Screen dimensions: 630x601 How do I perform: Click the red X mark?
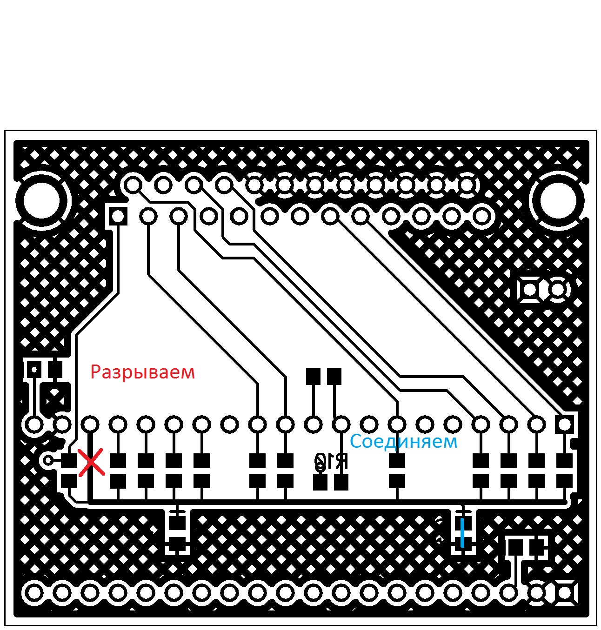91,463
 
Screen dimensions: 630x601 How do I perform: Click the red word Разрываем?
142,372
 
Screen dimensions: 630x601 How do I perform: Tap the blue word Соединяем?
403,441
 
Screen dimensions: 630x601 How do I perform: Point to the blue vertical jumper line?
462,533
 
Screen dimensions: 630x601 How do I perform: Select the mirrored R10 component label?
331,462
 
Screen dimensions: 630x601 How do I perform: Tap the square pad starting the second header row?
118,216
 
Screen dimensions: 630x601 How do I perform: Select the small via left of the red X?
48,460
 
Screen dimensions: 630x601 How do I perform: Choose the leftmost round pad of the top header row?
133,185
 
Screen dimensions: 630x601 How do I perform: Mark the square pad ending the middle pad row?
565,424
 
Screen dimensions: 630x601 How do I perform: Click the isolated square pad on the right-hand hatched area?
529,290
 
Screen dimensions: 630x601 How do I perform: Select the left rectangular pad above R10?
313,376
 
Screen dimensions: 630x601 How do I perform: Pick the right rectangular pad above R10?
334,376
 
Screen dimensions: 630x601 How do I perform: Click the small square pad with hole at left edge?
33,370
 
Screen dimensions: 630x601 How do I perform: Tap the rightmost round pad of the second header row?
482,216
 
